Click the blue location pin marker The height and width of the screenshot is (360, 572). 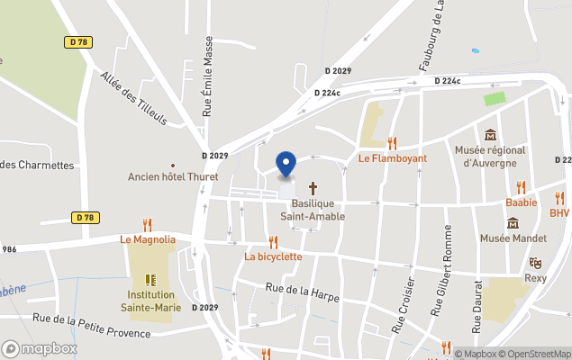click(x=286, y=165)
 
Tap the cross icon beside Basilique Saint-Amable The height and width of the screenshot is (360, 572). click(x=313, y=188)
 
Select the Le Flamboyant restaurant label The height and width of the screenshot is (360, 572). click(x=392, y=158)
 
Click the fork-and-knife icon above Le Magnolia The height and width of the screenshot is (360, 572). click(x=147, y=225)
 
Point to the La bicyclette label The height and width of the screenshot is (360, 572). click(x=273, y=256)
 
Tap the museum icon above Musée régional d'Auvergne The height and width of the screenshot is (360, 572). click(x=490, y=134)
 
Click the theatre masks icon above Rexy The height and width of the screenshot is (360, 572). click(x=536, y=263)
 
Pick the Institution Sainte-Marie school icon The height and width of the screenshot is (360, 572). click(x=150, y=279)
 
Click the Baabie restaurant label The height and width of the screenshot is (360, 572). click(x=521, y=202)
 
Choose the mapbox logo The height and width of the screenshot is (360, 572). click(x=40, y=348)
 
